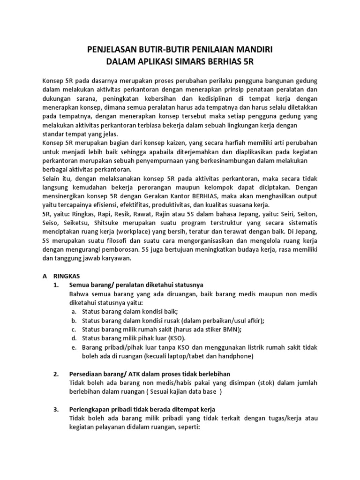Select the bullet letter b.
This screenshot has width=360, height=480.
[x=74, y=320]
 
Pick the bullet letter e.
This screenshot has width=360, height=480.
[x=74, y=347]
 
